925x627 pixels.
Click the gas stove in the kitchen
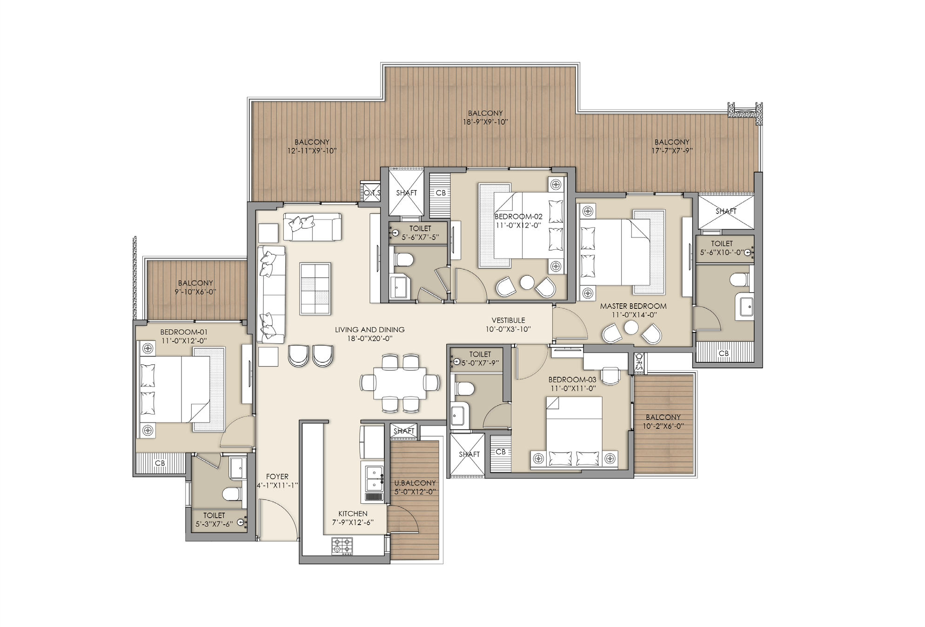pos(342,546)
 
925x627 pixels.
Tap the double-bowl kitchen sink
pos(375,479)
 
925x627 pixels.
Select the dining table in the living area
pos(400,383)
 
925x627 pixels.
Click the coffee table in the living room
pos(315,288)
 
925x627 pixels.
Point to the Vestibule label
pos(508,320)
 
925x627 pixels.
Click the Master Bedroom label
pos(633,306)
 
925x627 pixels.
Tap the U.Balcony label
pos(415,483)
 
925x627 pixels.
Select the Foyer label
pos(277,476)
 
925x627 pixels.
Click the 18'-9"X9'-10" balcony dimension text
pos(485,122)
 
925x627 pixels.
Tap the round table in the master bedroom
pos(631,328)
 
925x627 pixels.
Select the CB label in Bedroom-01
pos(160,463)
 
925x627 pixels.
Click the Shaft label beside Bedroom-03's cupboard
pos(469,454)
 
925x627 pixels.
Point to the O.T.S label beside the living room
pos(373,193)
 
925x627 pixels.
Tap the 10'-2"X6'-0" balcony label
pos(663,426)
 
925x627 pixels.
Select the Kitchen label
pos(353,514)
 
